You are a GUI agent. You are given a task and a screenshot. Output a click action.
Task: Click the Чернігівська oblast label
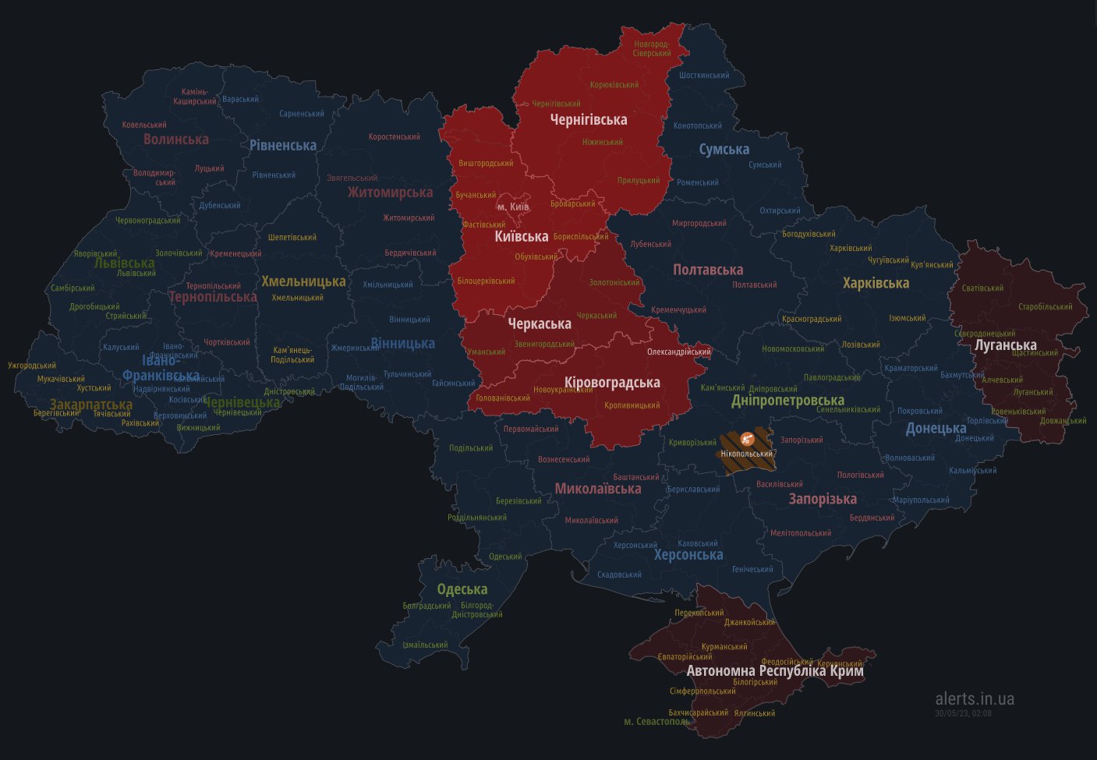point(589,119)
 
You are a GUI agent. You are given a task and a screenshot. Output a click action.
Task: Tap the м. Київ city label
point(513,207)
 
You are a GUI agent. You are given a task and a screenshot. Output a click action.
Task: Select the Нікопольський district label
point(747,454)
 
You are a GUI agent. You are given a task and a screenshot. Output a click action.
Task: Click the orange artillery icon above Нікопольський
point(746,439)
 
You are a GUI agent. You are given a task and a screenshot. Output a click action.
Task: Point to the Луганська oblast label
point(1006,345)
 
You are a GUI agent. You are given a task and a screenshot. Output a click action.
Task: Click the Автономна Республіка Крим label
point(775,670)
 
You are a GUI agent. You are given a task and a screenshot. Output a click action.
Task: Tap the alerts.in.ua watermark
point(975,698)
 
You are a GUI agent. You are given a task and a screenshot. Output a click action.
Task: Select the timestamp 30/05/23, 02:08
point(963,712)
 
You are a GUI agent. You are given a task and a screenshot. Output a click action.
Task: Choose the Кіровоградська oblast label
point(612,382)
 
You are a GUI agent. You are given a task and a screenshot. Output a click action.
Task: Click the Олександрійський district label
point(679,352)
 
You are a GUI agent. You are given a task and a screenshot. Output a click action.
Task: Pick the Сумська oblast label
point(724,149)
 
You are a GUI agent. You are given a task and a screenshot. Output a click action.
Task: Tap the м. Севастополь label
point(657,722)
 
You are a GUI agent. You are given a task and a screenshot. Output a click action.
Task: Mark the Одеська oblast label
point(462,589)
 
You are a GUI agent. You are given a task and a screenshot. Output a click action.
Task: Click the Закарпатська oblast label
point(91,405)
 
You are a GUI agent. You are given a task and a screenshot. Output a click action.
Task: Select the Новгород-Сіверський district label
point(653,48)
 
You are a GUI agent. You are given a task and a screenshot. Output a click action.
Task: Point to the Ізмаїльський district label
point(425,645)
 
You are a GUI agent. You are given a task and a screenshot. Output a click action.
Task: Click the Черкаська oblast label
point(540,323)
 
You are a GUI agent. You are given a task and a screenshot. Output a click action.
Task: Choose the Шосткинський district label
point(704,76)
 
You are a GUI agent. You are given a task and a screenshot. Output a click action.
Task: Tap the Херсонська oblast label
point(688,555)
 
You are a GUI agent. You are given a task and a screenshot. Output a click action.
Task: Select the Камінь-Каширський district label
point(195,97)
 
